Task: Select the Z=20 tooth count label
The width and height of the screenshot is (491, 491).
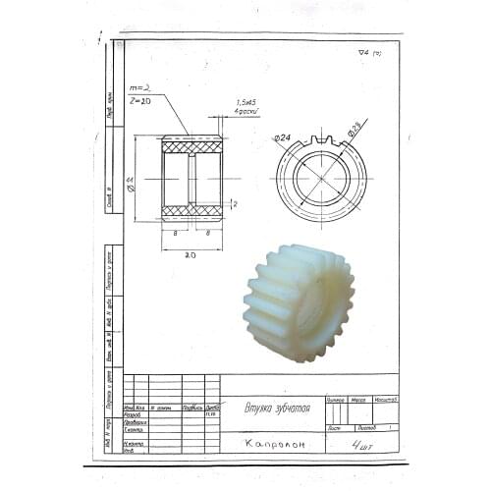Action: (141, 100)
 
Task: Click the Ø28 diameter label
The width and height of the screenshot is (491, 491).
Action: (355, 127)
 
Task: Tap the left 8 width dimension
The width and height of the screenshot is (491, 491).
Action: (174, 234)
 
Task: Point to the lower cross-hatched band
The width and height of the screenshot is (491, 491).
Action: (191, 211)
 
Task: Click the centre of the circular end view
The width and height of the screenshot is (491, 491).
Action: (321, 178)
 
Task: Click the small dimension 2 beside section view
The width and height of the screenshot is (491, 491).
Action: (235, 203)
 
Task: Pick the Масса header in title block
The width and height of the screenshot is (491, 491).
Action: (359, 400)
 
